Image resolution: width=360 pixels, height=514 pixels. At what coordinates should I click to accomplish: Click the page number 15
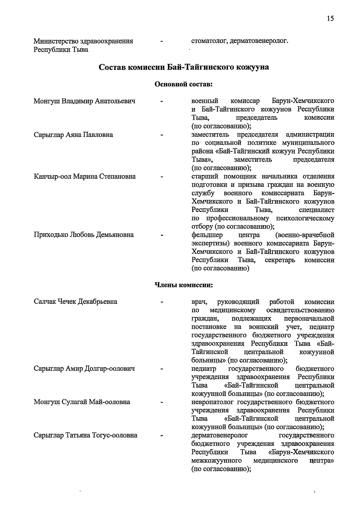330,19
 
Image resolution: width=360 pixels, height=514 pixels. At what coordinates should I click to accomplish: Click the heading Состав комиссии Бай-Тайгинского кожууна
184,67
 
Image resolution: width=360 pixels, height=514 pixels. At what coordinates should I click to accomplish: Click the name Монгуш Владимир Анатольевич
84,101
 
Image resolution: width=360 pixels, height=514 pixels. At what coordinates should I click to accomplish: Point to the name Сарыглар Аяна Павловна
73,135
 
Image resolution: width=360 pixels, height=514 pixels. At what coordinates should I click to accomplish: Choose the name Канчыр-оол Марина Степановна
84,177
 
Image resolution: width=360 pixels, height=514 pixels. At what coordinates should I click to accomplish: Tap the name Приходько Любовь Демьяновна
84,235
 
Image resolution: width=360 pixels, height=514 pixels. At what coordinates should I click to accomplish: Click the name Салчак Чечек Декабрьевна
75,302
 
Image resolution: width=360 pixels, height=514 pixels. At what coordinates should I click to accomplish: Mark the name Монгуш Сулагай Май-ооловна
82,402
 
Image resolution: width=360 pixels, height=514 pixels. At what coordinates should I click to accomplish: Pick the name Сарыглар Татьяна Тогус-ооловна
85,435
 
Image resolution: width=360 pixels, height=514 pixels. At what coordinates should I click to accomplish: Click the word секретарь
280,260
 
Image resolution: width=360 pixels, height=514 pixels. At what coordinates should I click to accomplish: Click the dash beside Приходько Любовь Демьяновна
162,235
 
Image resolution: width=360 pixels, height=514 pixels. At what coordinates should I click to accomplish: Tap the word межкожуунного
217,461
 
